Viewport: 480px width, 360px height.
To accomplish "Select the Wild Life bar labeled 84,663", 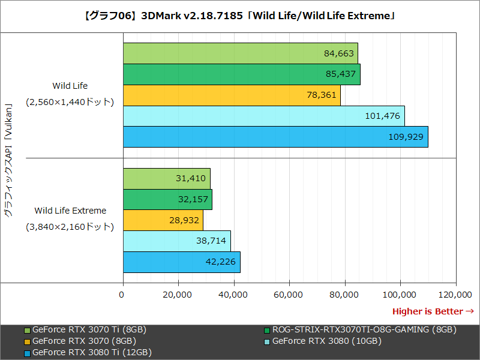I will [240, 53].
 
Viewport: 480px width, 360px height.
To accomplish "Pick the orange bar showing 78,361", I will [232, 95].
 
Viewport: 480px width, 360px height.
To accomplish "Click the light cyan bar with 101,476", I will [263, 116].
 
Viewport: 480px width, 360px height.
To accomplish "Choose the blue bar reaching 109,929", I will [275, 136].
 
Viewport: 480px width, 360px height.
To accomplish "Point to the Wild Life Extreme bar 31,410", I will [166, 178].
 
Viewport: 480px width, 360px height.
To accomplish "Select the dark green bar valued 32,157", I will [167, 199].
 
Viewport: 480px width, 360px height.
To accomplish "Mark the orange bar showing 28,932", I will [163, 220].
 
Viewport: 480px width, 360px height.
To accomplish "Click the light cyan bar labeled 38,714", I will [176, 241].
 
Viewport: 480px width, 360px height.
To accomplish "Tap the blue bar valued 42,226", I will [181, 262].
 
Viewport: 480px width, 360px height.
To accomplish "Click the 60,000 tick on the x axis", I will [289, 295].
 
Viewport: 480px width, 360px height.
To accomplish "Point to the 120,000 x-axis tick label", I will [455, 295].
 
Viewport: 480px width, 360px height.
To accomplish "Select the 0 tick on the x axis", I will [122, 295].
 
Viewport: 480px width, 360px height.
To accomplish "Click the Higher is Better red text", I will [433, 311].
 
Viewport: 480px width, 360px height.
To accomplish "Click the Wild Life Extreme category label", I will [70, 211].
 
